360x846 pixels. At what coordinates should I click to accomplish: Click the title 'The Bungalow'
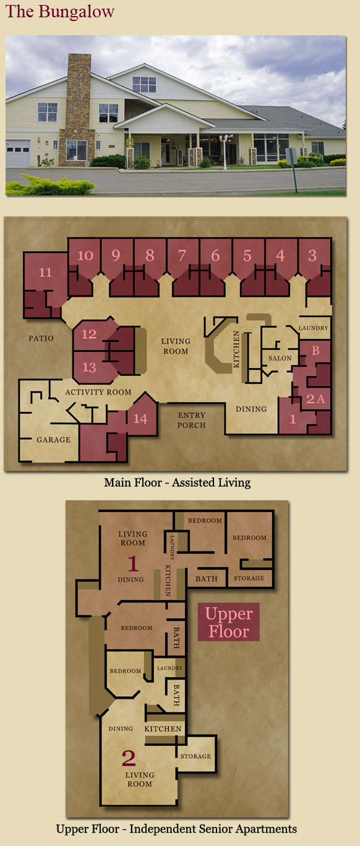[x=59, y=12]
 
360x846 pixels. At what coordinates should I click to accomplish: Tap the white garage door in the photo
[x=18, y=153]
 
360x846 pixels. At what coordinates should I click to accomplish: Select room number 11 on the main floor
[x=45, y=272]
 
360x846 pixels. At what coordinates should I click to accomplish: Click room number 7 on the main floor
[x=182, y=255]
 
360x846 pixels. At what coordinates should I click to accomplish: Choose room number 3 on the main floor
[x=312, y=255]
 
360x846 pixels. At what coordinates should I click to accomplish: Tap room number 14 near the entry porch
[x=140, y=419]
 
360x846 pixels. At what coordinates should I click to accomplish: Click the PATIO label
[x=41, y=338]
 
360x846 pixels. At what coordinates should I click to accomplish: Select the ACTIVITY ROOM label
[x=98, y=393]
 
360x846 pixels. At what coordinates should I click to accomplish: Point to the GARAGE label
[x=54, y=440]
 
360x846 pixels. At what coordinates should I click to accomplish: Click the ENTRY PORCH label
[x=192, y=420]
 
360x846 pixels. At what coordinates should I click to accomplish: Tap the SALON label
[x=280, y=358]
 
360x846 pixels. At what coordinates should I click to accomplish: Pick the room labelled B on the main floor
[x=316, y=351]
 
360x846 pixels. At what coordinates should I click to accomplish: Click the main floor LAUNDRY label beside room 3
[x=314, y=328]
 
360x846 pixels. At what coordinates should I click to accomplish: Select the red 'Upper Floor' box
[x=228, y=622]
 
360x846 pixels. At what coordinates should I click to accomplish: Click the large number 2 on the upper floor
[x=129, y=758]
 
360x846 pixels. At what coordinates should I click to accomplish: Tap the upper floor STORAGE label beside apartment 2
[x=195, y=756]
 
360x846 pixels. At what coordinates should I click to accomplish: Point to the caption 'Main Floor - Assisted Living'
[x=177, y=482]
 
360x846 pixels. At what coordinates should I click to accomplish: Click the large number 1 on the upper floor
[x=132, y=563]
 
